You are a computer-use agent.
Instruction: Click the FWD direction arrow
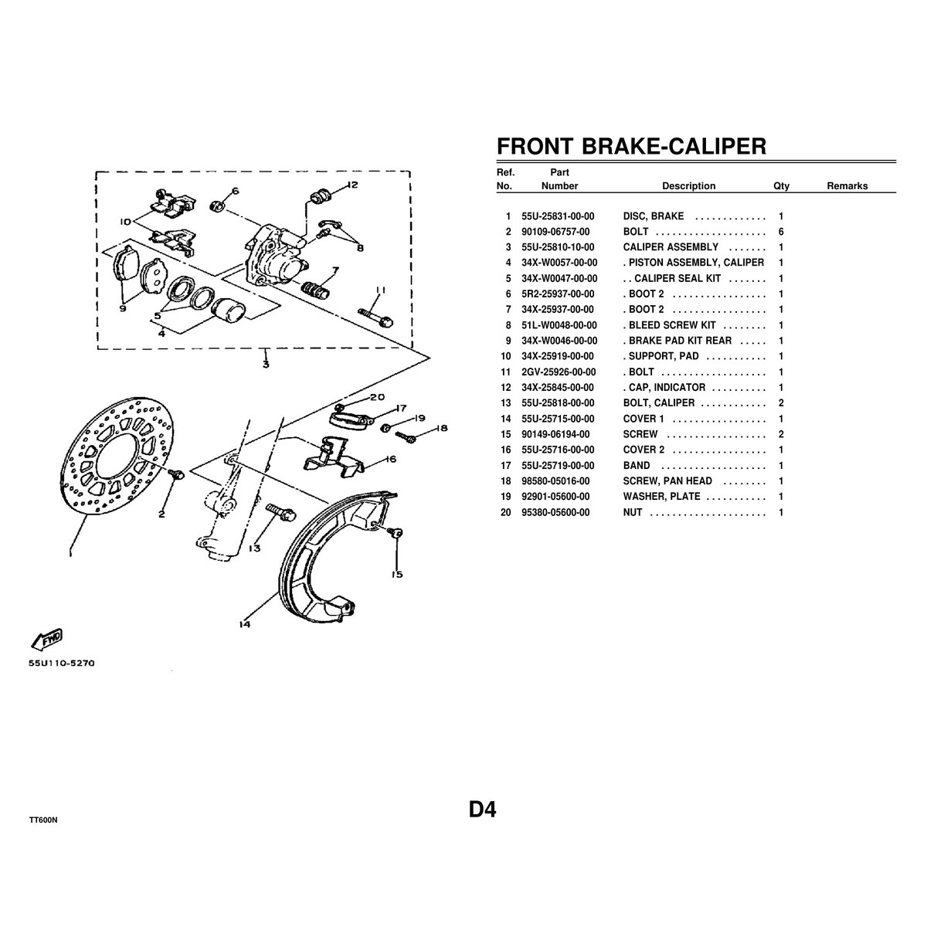tap(47, 638)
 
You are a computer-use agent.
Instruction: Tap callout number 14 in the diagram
tap(244, 624)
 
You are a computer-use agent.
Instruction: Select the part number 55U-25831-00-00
tap(558, 216)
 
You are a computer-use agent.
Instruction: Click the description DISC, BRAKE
tap(653, 216)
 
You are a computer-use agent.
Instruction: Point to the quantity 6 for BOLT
tap(781, 232)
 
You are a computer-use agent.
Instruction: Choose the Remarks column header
tap(847, 185)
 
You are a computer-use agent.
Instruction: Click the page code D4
tap(483, 810)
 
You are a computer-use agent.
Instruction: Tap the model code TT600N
tap(43, 820)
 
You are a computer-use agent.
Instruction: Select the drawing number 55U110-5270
tap(62, 663)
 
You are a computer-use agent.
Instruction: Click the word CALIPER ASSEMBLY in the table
tap(670, 247)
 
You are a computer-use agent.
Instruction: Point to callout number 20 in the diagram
tap(377, 397)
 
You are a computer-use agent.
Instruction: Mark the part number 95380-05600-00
tap(555, 513)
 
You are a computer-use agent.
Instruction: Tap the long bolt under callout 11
tap(375, 317)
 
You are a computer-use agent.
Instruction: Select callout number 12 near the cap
tap(352, 185)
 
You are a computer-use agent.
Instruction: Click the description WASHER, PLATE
tap(661, 497)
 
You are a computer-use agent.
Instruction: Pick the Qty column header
tap(781, 186)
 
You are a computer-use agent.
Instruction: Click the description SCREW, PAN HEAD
tap(667, 481)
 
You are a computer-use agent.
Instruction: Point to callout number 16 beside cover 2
tap(391, 459)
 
